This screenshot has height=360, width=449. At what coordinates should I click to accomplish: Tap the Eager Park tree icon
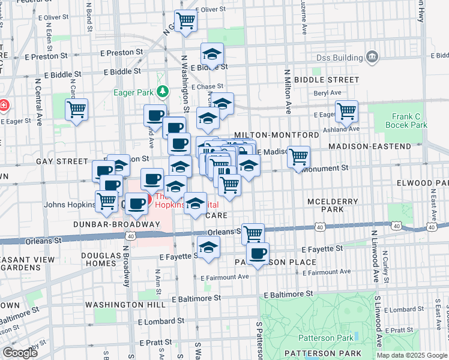click(x=162, y=92)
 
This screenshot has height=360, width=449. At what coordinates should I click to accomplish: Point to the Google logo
click(x=20, y=353)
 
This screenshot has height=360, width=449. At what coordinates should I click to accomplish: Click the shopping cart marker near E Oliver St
click(x=185, y=21)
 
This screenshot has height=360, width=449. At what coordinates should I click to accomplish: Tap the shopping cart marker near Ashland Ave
click(x=346, y=110)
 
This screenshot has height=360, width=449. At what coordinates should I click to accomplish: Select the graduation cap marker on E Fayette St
click(x=208, y=247)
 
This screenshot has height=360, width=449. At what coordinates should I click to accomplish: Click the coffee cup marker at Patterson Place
click(x=258, y=253)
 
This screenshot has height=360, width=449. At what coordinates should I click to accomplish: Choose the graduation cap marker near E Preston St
click(x=212, y=54)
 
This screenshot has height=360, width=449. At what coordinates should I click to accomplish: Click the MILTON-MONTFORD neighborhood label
click(x=277, y=135)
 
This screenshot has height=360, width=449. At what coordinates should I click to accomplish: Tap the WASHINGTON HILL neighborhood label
click(x=125, y=305)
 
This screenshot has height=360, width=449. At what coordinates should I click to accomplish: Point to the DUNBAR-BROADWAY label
click(x=116, y=224)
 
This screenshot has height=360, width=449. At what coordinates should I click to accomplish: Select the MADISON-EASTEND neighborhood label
click(x=376, y=146)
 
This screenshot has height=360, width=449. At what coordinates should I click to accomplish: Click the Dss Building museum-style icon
click(x=372, y=58)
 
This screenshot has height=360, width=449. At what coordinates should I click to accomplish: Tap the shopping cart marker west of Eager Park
click(x=77, y=110)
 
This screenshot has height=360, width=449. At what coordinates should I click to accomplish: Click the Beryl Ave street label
click(x=327, y=93)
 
